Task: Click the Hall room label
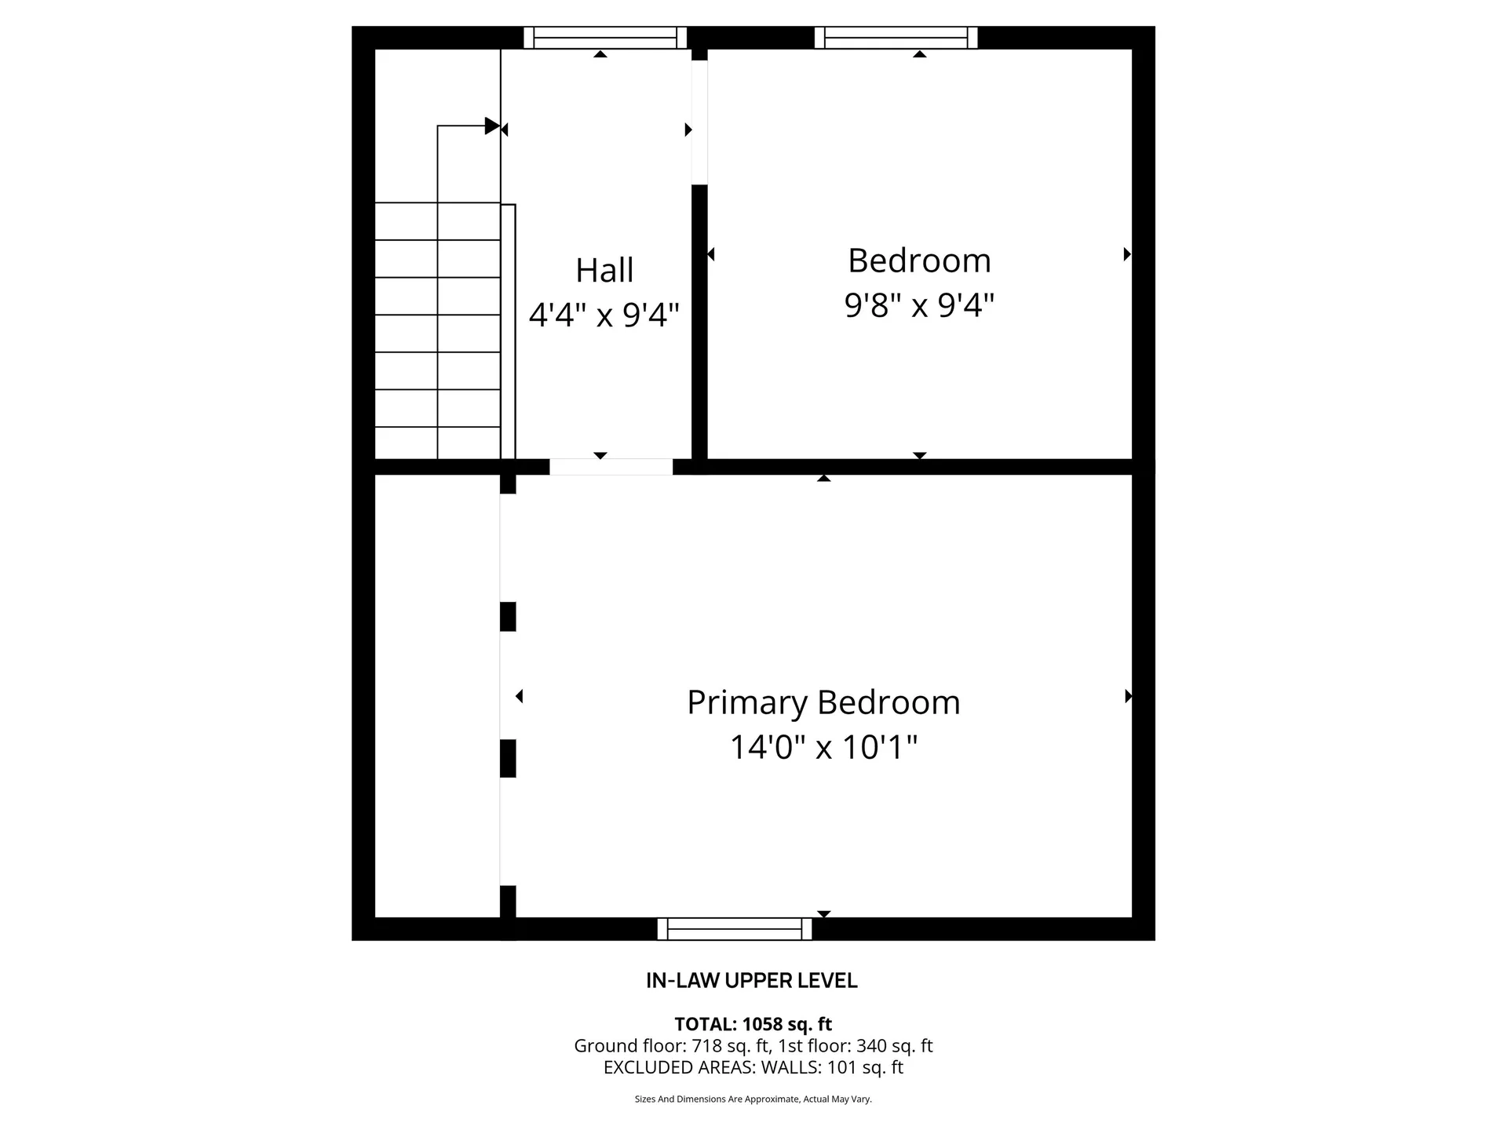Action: pos(604,271)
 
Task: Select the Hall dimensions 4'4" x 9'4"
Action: pos(604,315)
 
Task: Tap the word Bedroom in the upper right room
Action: pos(919,261)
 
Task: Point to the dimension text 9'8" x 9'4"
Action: pos(919,304)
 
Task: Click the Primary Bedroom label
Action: pos(823,702)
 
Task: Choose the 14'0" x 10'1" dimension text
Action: pos(823,747)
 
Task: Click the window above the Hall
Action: pos(604,38)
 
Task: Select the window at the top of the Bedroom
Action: pos(896,38)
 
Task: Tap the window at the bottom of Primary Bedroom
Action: pos(734,929)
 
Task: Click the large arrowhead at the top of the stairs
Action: pos(492,126)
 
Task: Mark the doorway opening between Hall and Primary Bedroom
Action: pos(611,467)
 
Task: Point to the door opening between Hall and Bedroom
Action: pos(699,122)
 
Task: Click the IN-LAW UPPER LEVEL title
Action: pos(751,981)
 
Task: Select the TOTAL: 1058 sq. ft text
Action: pos(753,1024)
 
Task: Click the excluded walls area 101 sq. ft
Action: pos(865,1068)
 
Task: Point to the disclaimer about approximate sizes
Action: pos(753,1099)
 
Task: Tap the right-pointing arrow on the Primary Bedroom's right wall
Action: pos(1128,696)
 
